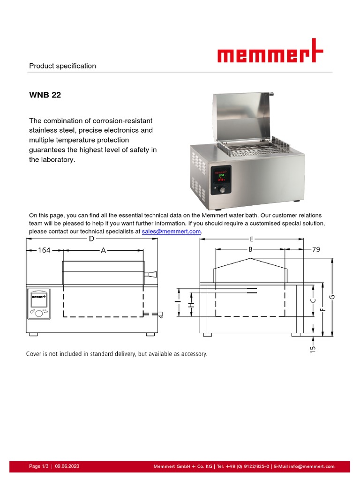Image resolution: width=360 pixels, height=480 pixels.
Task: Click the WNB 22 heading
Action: (45, 95)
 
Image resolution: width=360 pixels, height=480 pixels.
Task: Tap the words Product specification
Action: (62, 66)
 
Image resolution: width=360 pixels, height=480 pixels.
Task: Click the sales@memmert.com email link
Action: (171, 232)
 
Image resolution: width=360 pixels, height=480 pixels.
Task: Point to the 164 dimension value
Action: (44, 251)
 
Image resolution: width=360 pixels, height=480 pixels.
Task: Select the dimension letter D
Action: (91, 239)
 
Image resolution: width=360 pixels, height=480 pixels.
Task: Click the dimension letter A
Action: (104, 251)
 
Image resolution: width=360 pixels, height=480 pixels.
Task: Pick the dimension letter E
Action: (252, 239)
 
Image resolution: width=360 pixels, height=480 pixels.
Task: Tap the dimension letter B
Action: (250, 250)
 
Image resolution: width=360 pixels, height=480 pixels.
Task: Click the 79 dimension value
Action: (315, 250)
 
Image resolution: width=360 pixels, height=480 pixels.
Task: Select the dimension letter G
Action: (332, 296)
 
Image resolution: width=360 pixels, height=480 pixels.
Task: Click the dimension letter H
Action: (191, 306)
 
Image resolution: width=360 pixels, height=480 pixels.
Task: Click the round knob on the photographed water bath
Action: (223, 190)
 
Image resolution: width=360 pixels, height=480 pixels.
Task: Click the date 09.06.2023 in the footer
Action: (67, 466)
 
